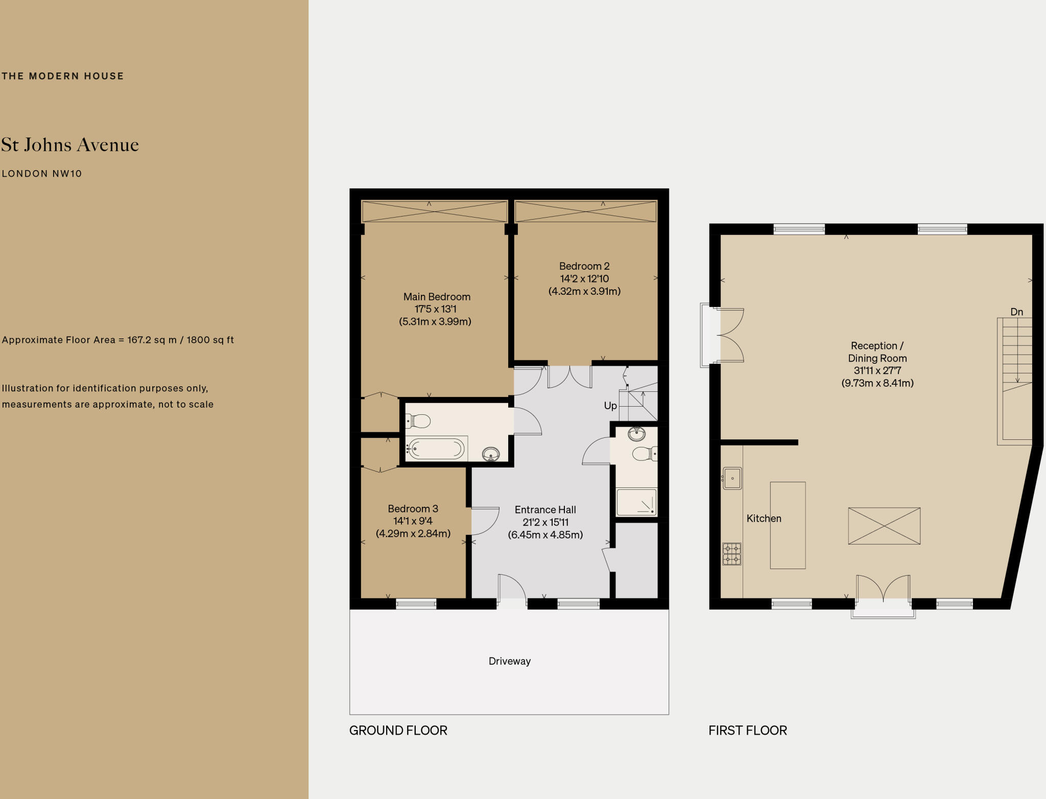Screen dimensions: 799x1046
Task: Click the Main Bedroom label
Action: pos(437,297)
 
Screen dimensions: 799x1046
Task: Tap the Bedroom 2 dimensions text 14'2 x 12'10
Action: pos(584,279)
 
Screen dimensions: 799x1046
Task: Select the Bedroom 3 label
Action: pos(413,509)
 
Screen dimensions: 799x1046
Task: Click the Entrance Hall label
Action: pos(545,510)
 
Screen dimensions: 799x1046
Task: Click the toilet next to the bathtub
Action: pos(419,421)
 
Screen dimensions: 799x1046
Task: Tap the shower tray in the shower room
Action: pos(636,502)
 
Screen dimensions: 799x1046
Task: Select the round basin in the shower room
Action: pos(636,434)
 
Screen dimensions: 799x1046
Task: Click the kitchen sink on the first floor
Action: pos(732,479)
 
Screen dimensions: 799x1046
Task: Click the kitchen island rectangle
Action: pos(788,525)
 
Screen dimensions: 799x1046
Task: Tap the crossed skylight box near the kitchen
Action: pos(884,526)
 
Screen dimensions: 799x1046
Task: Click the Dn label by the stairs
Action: pos(1016,312)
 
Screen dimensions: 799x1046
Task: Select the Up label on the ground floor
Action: pos(610,406)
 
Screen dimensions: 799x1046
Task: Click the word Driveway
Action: pos(509,661)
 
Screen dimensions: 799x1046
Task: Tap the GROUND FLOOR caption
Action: pos(398,731)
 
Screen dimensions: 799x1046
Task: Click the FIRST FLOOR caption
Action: pos(747,731)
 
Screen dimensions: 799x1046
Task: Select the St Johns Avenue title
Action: pos(70,145)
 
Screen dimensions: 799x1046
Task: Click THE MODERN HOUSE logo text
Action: pos(63,76)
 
